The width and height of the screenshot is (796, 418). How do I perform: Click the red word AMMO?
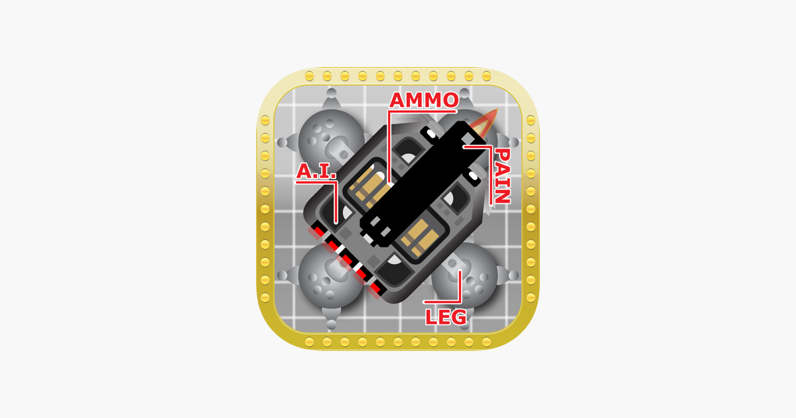click(424, 100)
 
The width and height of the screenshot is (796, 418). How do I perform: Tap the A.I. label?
click(316, 171)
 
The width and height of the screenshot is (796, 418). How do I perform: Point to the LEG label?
click(446, 317)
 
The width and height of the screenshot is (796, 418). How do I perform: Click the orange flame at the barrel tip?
click(484, 123)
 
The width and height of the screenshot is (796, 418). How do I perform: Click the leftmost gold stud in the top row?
click(309, 76)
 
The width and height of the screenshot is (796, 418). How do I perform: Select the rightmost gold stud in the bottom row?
click(486, 342)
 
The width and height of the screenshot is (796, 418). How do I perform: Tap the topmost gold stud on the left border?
click(265, 120)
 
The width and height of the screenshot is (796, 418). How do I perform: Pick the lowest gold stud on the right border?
click(531, 297)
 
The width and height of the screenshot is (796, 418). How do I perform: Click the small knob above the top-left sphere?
click(331, 93)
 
